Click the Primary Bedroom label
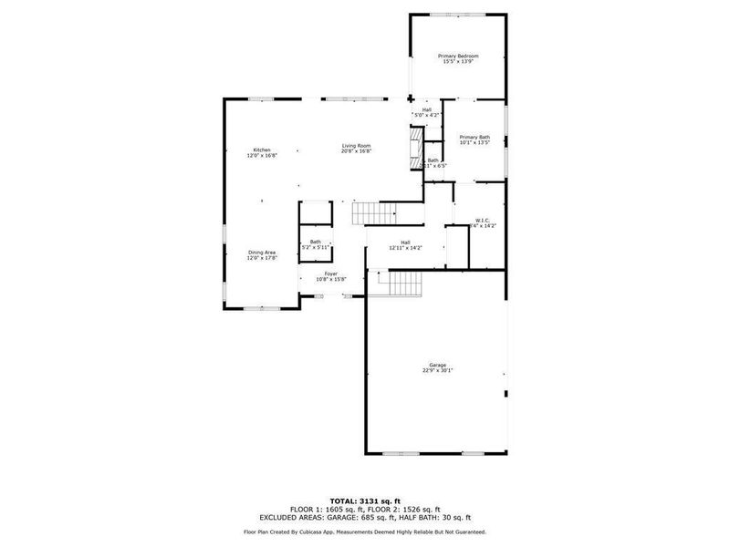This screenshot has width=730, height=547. click(461, 56)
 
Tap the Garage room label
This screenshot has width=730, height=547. click(438, 365)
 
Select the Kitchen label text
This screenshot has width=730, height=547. click(262, 150)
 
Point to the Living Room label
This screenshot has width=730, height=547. click(356, 146)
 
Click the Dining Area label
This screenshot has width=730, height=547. click(261, 253)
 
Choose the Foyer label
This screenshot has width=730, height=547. click(332, 273)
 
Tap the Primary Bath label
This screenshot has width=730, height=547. click(474, 137)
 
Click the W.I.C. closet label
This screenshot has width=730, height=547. click(483, 220)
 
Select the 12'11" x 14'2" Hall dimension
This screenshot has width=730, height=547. click(405, 248)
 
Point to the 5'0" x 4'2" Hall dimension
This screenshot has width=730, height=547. click(427, 116)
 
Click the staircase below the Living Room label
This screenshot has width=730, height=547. click(375, 214)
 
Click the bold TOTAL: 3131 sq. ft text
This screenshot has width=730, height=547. click(365, 501)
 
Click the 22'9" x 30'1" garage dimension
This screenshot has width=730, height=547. click(438, 371)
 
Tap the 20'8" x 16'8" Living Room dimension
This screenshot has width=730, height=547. click(356, 152)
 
